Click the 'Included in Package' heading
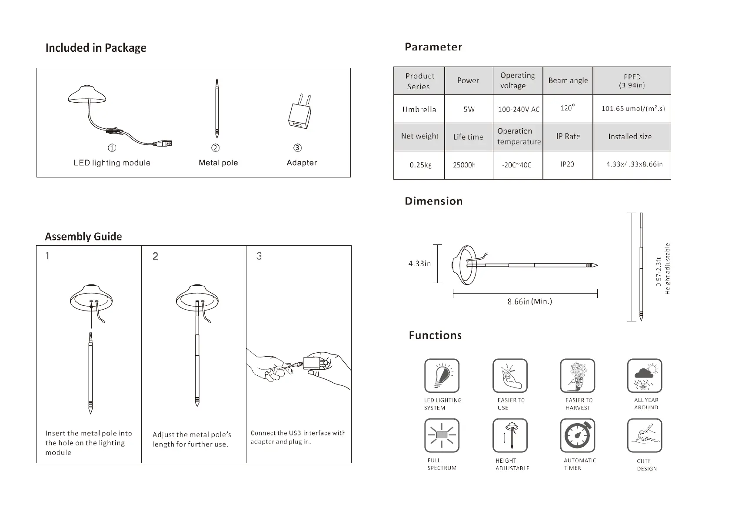click(96, 48)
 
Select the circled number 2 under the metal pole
click(216, 148)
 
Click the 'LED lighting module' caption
click(112, 163)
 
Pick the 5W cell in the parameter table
click(469, 109)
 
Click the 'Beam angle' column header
click(568, 80)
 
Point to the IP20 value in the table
click(567, 164)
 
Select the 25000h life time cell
click(464, 165)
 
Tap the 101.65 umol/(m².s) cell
click(632, 109)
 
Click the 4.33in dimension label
click(419, 264)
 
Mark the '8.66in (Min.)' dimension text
click(529, 301)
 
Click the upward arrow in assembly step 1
click(91, 315)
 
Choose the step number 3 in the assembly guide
click(259, 256)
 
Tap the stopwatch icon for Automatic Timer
click(577, 435)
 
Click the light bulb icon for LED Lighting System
click(442, 375)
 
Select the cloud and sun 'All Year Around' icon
click(645, 375)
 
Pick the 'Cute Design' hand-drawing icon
click(645, 435)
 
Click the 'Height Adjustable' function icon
click(510, 435)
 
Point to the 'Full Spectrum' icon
click(442, 435)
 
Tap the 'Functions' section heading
click(435, 335)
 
